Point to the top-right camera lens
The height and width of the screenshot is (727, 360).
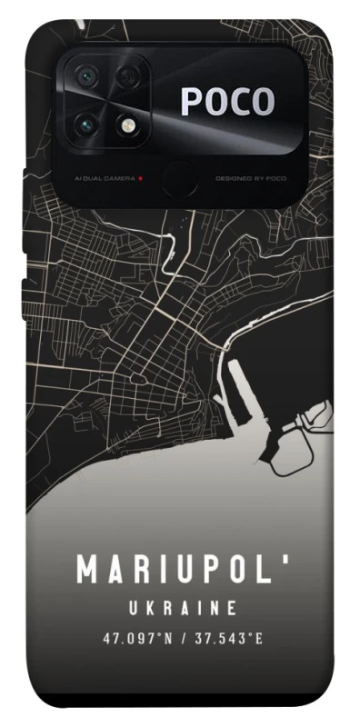pos(127,75)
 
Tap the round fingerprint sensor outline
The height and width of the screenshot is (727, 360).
pos(178,177)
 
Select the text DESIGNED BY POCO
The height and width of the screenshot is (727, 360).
pos(250,178)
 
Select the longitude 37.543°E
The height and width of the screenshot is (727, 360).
pos(227,638)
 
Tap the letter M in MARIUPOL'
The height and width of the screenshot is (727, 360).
pos(88,571)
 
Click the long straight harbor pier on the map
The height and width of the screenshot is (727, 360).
pos(241,392)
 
